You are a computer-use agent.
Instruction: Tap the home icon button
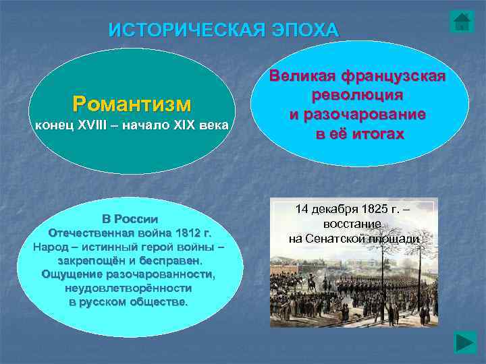point(462,22)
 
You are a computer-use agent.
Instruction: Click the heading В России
point(130,219)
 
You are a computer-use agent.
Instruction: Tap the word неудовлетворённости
point(128,288)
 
